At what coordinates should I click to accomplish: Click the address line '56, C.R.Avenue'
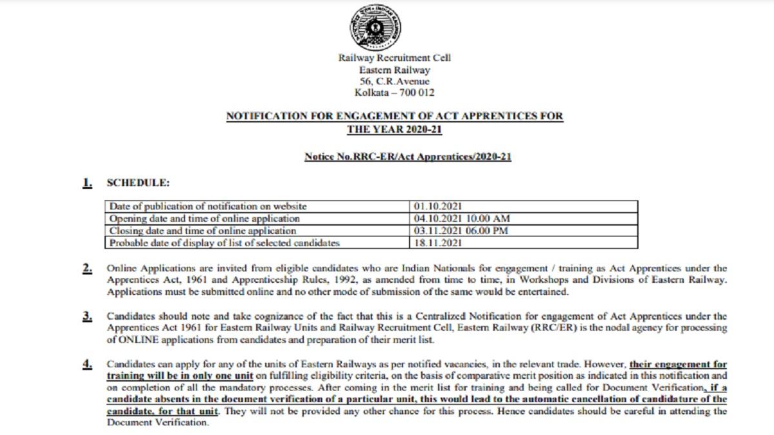[x=395, y=81]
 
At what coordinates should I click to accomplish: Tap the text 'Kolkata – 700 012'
[x=395, y=93]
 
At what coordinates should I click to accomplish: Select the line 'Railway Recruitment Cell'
[x=395, y=58]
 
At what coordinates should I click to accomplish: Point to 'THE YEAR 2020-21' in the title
[x=395, y=129]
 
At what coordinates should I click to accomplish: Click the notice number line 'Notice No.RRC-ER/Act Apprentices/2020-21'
[x=408, y=157]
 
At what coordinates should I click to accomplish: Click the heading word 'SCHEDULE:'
[x=138, y=184]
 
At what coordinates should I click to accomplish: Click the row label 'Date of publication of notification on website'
[x=208, y=207]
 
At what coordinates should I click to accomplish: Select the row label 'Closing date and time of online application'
[x=203, y=231]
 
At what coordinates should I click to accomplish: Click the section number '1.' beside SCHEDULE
[x=86, y=184]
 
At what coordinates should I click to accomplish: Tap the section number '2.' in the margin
[x=86, y=269]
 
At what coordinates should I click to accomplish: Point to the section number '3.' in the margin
[x=86, y=316]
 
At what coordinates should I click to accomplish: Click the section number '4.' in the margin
[x=86, y=364]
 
